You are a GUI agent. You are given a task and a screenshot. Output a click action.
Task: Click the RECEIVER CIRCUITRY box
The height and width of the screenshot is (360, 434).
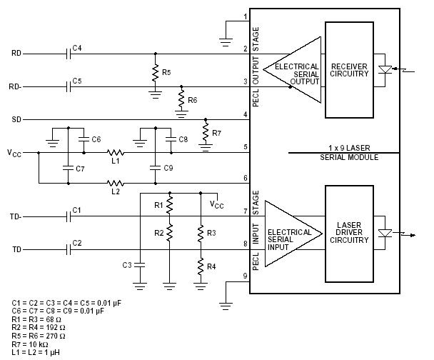click(x=349, y=69)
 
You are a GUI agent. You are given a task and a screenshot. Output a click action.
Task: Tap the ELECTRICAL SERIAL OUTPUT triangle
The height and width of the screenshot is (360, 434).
click(x=288, y=69)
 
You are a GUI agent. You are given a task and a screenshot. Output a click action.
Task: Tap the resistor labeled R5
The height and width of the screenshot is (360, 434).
click(x=154, y=72)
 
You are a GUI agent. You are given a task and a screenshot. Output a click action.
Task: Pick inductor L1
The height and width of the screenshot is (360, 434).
click(x=114, y=153)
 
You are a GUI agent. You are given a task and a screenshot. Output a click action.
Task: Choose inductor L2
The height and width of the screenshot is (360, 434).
click(x=114, y=183)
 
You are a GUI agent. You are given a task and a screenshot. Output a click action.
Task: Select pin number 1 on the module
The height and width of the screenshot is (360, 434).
click(x=245, y=16)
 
